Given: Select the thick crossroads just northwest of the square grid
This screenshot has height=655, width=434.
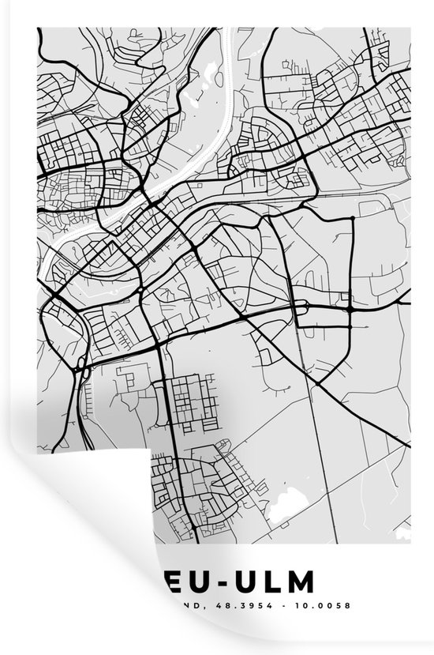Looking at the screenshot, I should pyautogui.click(x=159, y=344).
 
